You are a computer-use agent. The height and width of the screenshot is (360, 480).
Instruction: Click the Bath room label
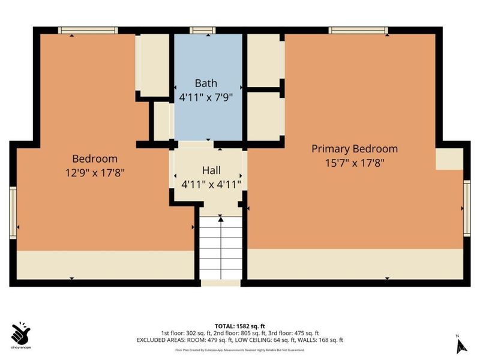click(206, 83)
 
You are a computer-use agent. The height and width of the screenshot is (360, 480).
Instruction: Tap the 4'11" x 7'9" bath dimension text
click(206, 96)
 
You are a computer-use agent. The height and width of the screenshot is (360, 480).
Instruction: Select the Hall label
click(211, 170)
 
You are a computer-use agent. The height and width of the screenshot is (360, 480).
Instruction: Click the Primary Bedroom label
click(354, 149)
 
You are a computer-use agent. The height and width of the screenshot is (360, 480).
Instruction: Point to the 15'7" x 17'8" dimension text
click(354, 162)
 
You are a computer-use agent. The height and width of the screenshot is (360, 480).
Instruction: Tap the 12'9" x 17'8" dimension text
click(95, 173)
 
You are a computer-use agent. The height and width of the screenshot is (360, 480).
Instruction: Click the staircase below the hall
click(220, 249)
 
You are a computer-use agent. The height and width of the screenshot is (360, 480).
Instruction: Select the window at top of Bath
click(203, 30)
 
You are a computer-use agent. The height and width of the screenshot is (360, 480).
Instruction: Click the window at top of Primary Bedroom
click(358, 30)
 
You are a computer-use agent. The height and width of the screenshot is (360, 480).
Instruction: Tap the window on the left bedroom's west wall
click(13, 212)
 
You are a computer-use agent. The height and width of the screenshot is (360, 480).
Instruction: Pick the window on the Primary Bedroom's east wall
click(467, 207)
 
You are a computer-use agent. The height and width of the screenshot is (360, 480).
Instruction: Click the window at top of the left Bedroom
click(88, 30)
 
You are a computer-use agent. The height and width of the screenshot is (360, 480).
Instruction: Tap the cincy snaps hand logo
click(22, 332)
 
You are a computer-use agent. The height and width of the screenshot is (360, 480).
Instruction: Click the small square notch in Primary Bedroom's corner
click(448, 159)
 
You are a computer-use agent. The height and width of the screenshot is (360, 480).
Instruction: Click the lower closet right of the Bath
click(264, 115)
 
